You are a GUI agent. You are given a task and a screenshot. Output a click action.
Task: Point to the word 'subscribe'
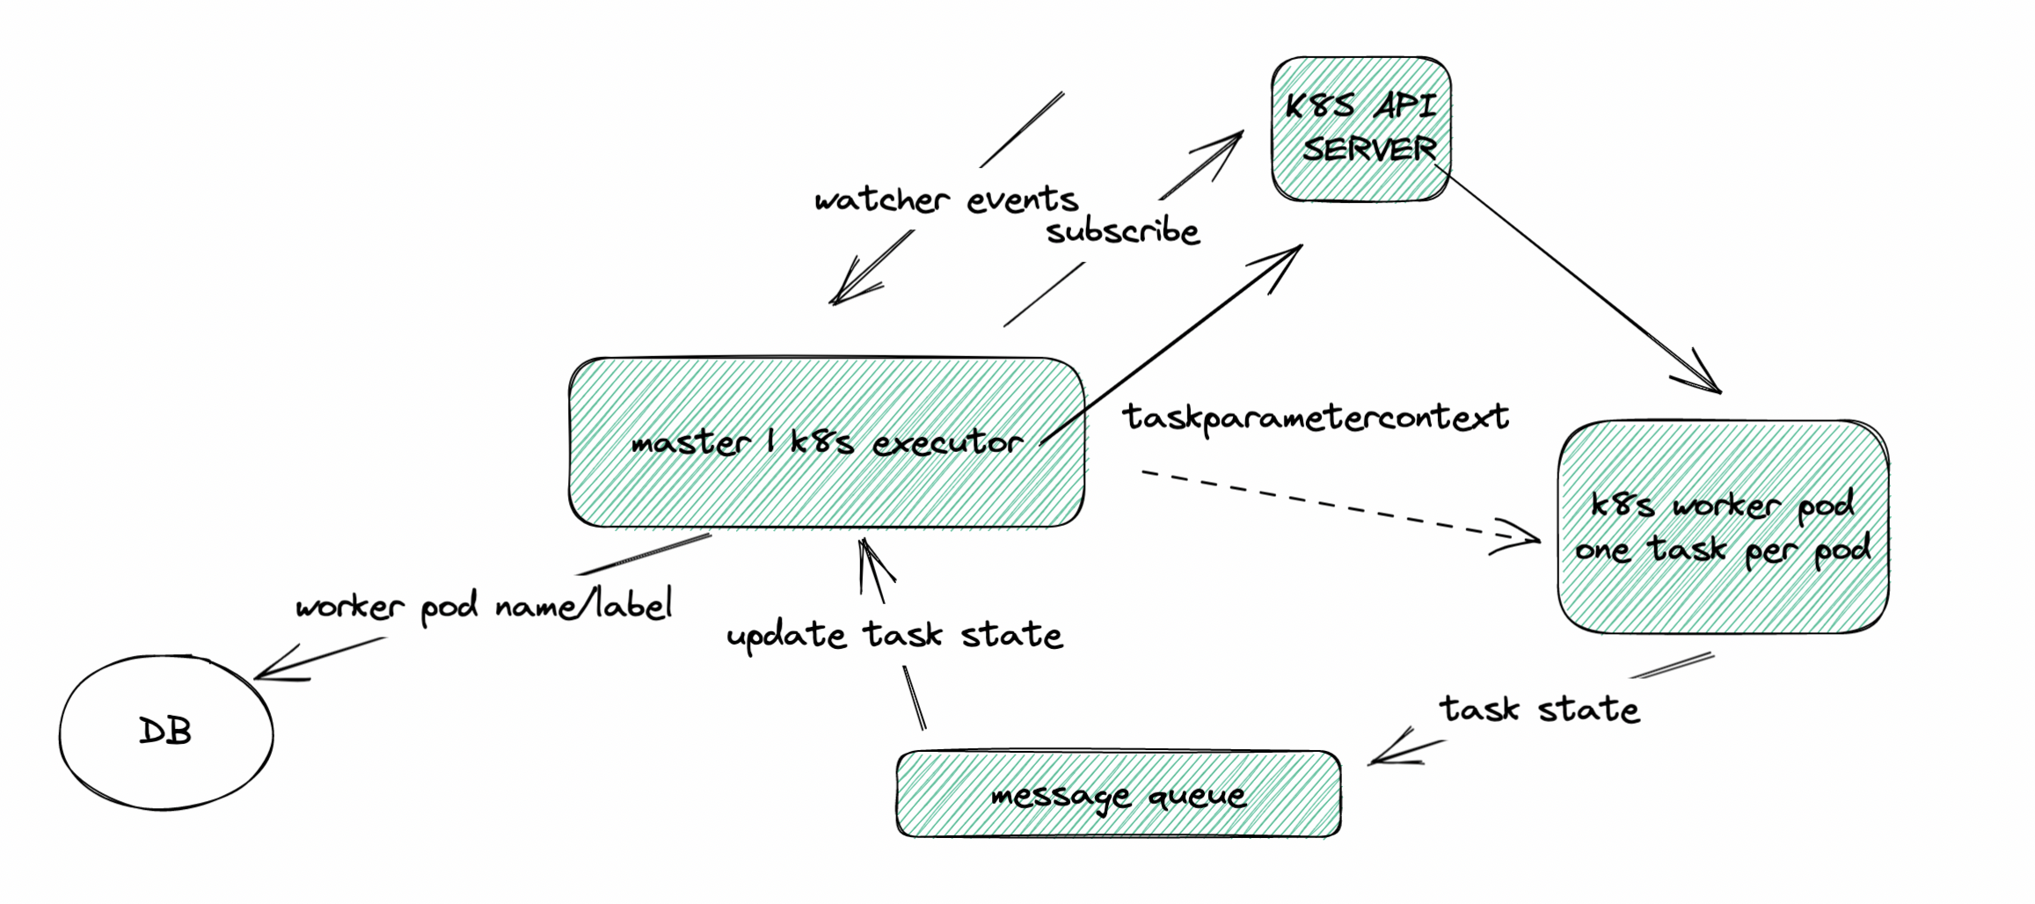click(1122, 232)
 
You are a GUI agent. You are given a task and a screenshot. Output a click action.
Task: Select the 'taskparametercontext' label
click(1315, 417)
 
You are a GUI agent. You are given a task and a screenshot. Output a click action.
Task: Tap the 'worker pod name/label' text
click(484, 607)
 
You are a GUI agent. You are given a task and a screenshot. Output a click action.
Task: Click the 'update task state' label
click(894, 635)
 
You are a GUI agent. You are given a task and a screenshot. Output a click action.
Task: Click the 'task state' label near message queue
click(1539, 709)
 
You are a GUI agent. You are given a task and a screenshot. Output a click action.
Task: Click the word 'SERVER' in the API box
click(1368, 149)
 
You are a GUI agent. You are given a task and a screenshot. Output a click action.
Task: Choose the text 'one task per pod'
click(1722, 550)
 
